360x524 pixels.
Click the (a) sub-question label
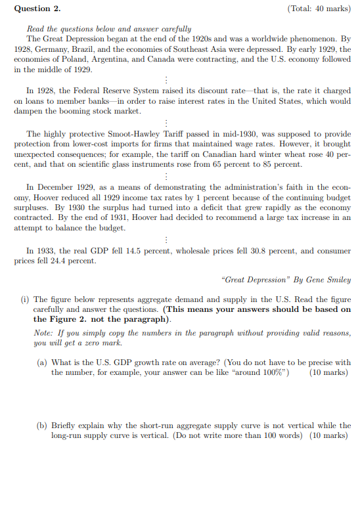click(42, 362)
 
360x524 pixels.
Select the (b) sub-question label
click(42, 426)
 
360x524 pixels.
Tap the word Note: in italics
click(43, 333)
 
